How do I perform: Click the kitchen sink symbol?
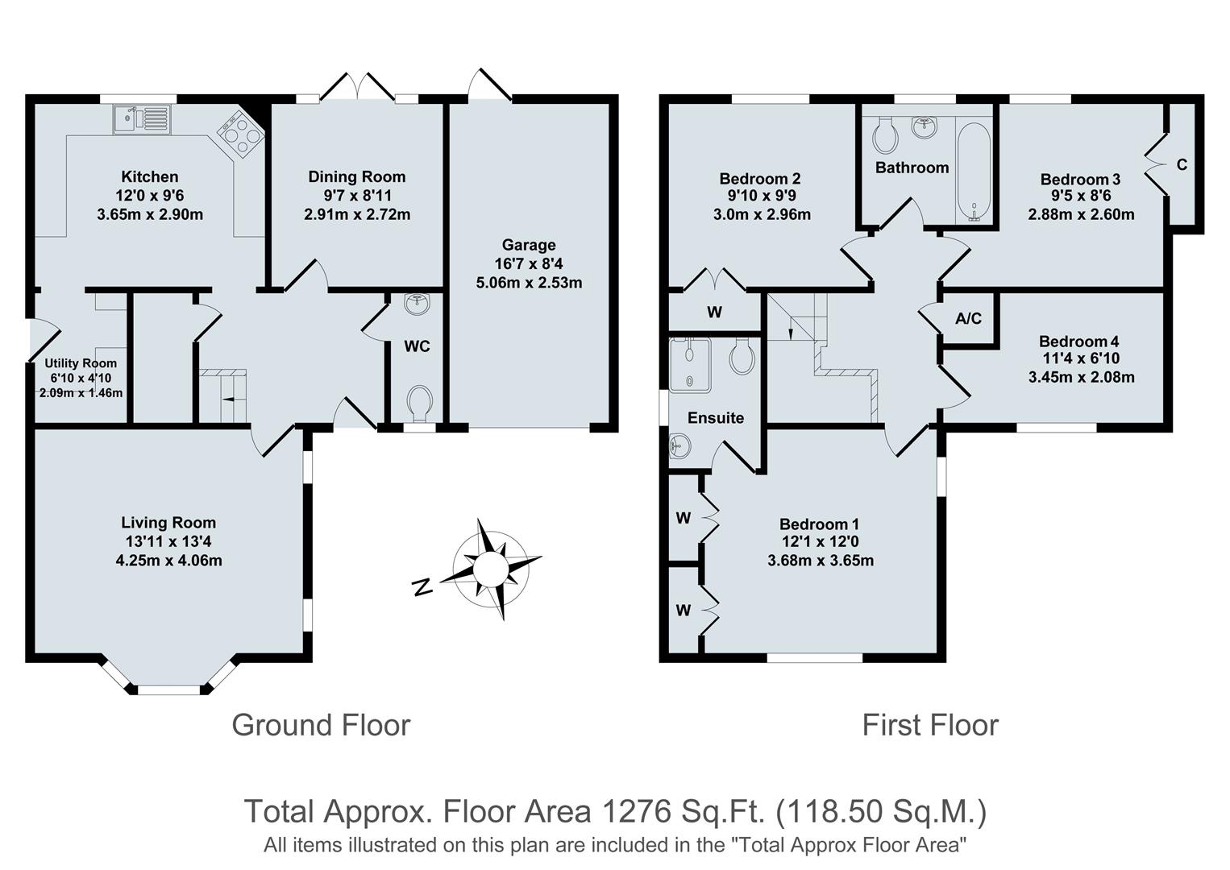point(141,118)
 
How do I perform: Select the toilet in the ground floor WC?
point(419,403)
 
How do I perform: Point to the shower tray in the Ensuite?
point(690,364)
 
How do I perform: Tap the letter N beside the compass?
point(420,587)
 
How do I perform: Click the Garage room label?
point(529,245)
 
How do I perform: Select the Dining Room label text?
point(357,176)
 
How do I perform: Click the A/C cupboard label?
point(968,319)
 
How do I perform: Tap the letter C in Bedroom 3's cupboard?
point(1182,165)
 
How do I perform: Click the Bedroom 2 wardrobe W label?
point(714,313)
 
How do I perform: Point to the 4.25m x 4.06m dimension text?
point(168,560)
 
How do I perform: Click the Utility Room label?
point(81,363)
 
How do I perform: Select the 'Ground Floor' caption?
point(321,725)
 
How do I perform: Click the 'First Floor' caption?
point(930,725)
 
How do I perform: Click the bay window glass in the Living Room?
point(168,690)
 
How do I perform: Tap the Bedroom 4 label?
point(1078,342)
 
